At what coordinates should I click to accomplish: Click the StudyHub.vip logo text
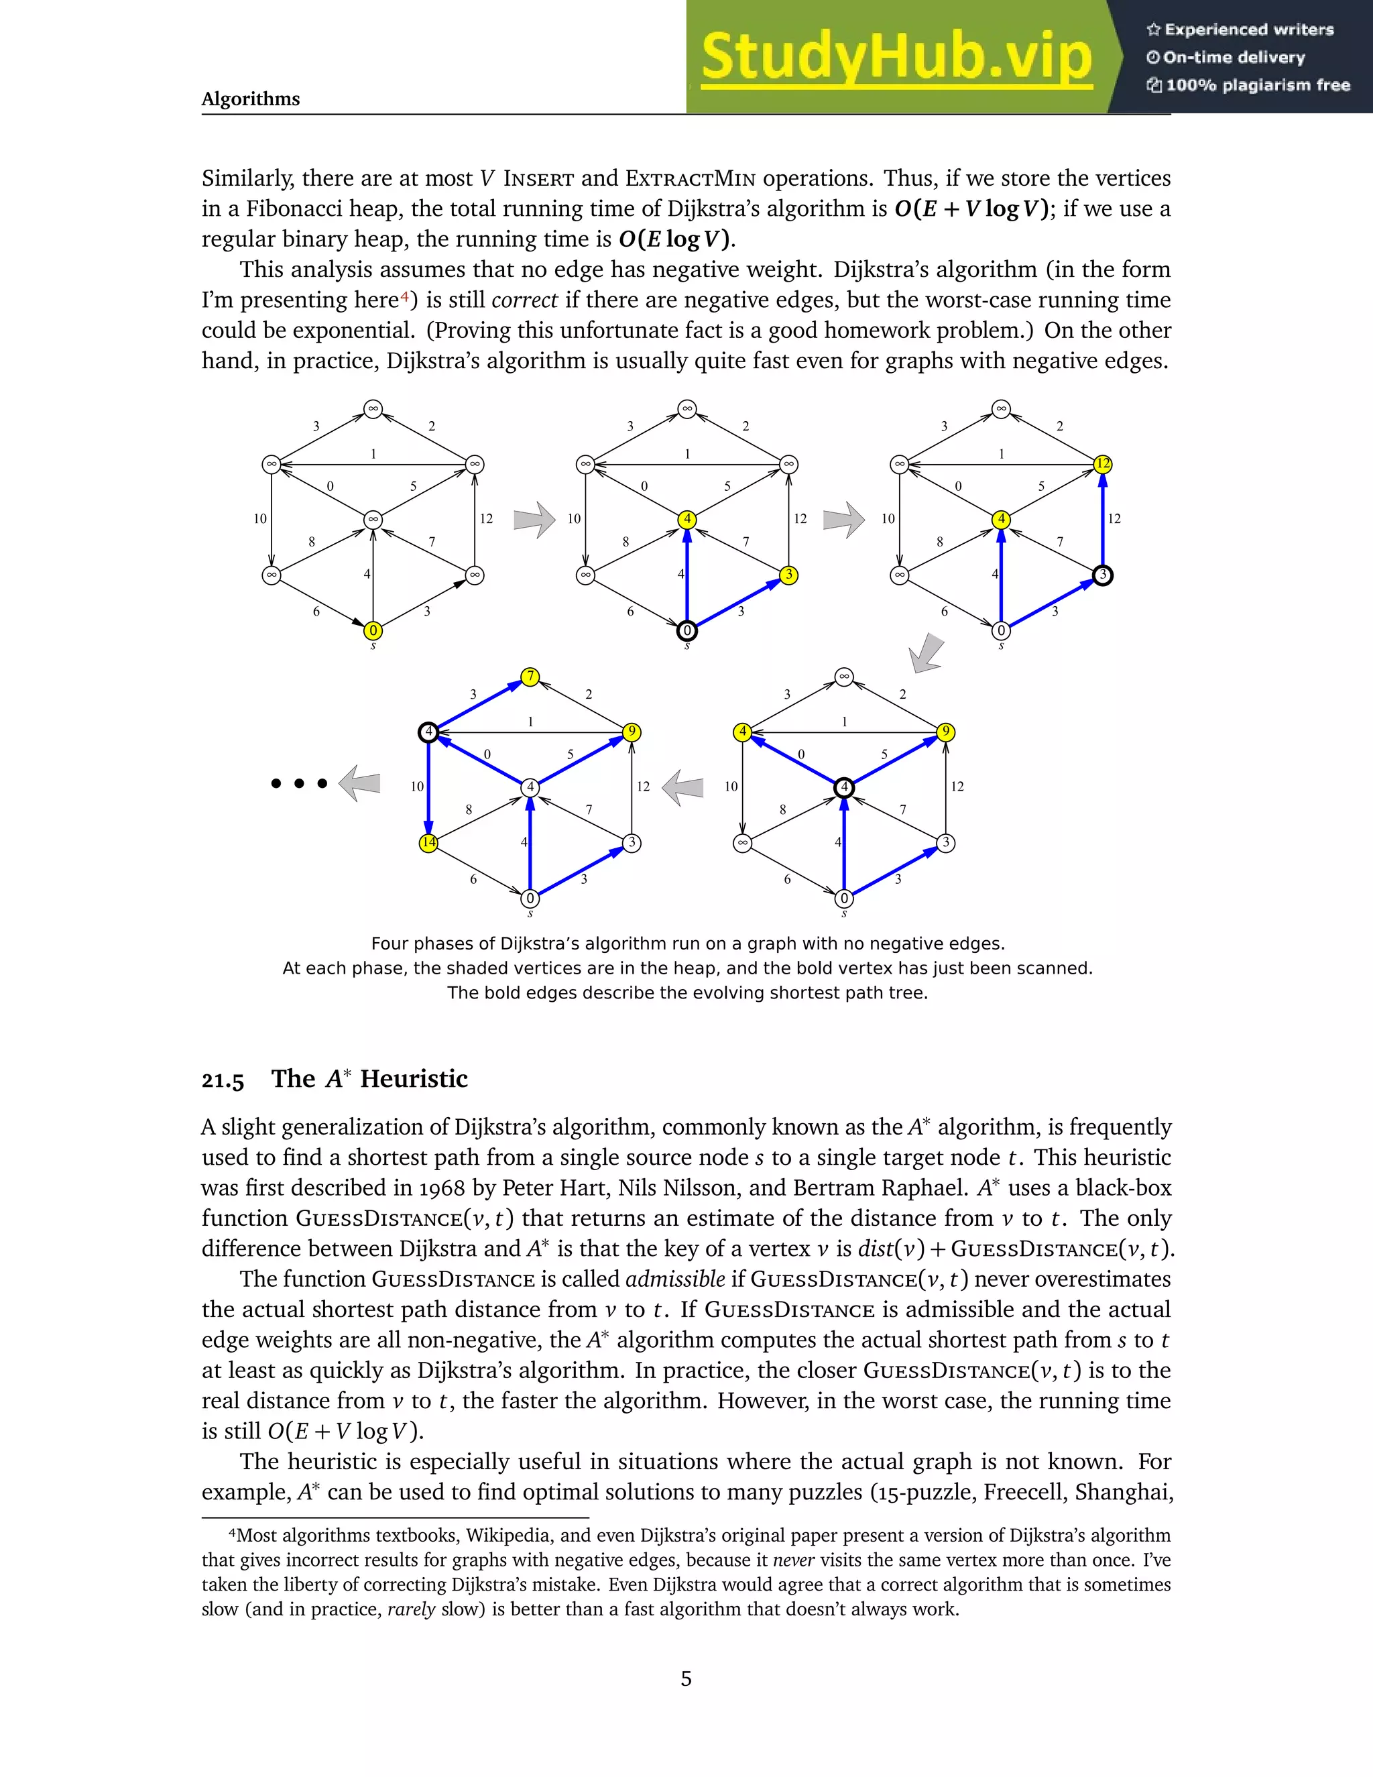click(896, 57)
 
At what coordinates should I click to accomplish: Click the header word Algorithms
click(251, 99)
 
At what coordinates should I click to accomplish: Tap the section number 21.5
click(223, 1080)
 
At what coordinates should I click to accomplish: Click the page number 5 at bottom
click(686, 1678)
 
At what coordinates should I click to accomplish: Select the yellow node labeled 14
click(428, 843)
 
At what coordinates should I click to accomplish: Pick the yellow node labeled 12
click(1102, 464)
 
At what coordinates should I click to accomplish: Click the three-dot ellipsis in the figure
click(299, 783)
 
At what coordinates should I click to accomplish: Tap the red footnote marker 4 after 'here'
click(404, 297)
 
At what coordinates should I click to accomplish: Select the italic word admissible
click(675, 1279)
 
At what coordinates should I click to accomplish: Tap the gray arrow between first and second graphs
click(534, 519)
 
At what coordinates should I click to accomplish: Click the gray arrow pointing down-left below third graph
click(927, 653)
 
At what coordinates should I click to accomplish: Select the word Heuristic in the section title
click(414, 1079)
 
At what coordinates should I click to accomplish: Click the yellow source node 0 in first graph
click(373, 630)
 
